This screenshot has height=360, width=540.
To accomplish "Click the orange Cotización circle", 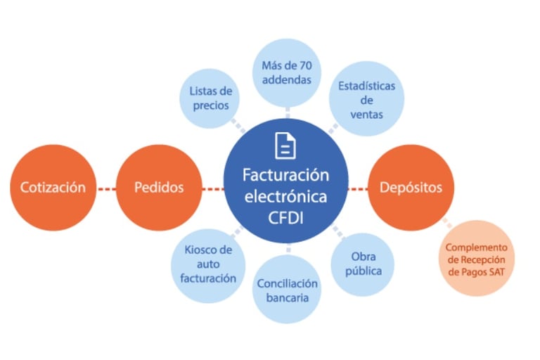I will point(53,188).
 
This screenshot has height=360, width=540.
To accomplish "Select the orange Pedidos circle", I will point(159,188).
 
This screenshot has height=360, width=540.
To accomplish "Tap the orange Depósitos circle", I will point(411,188).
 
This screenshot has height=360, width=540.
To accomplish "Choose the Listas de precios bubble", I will point(210,97).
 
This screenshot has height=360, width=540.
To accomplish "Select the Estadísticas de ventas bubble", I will point(366,98).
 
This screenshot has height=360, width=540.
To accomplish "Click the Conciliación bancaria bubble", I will point(287,289).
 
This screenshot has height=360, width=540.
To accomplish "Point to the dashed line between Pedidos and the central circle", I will point(213,188).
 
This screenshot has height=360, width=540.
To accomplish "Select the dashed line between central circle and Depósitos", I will point(358,188).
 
